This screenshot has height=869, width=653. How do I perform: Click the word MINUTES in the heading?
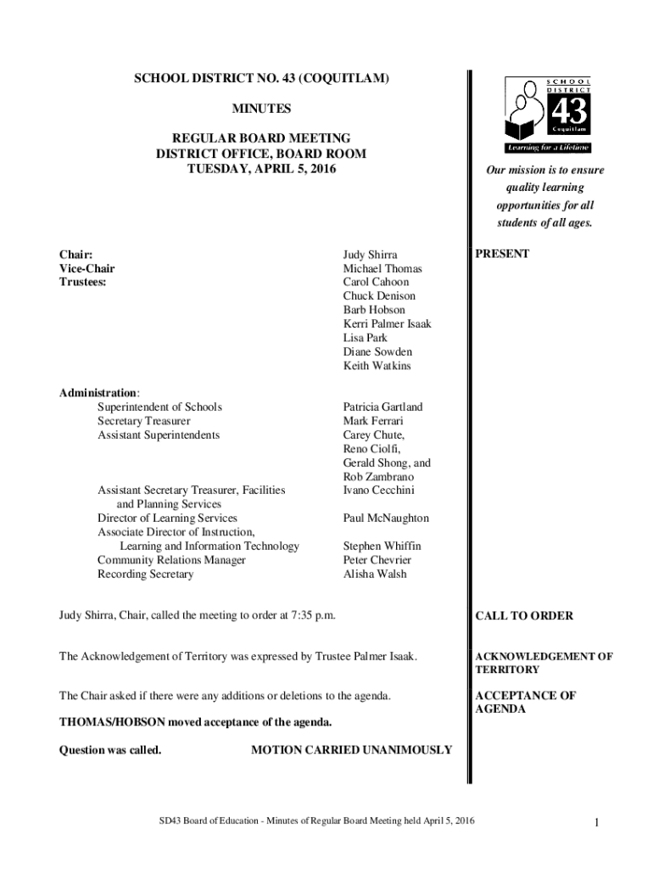261,109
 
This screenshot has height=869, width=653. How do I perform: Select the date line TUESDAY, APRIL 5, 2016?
261,169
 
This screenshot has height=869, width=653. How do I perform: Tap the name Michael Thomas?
382,268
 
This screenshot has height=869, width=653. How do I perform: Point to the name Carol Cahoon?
376,282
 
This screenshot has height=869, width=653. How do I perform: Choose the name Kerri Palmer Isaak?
387,324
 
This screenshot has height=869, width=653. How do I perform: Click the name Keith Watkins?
377,366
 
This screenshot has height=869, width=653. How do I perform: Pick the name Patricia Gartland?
382,406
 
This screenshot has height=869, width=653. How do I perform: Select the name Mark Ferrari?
373,421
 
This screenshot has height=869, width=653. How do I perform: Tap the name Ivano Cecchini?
379,490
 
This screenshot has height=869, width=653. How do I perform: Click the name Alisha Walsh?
375,574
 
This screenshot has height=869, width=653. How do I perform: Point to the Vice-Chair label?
87,268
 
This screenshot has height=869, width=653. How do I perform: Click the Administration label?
98,392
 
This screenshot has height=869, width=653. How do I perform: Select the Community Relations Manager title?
171,560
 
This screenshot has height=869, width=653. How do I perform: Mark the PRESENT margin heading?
502,254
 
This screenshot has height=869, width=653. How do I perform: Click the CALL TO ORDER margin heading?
524,616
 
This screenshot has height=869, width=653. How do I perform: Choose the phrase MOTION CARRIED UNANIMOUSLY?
352,750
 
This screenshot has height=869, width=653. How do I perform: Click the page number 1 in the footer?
598,821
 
